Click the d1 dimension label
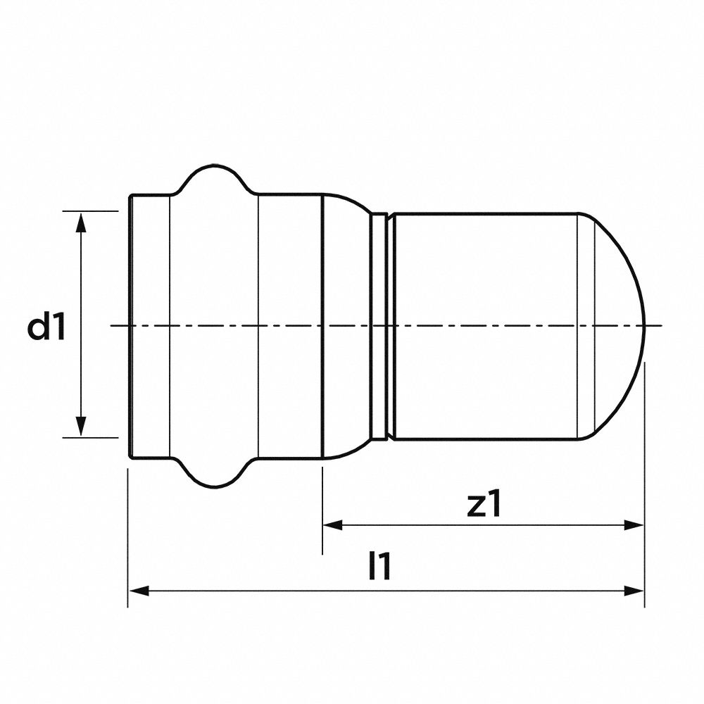46,327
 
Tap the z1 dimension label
486,505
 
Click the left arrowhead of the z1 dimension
332,525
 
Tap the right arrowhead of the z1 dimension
635,525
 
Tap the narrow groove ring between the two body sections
379,326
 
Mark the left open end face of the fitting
131,326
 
